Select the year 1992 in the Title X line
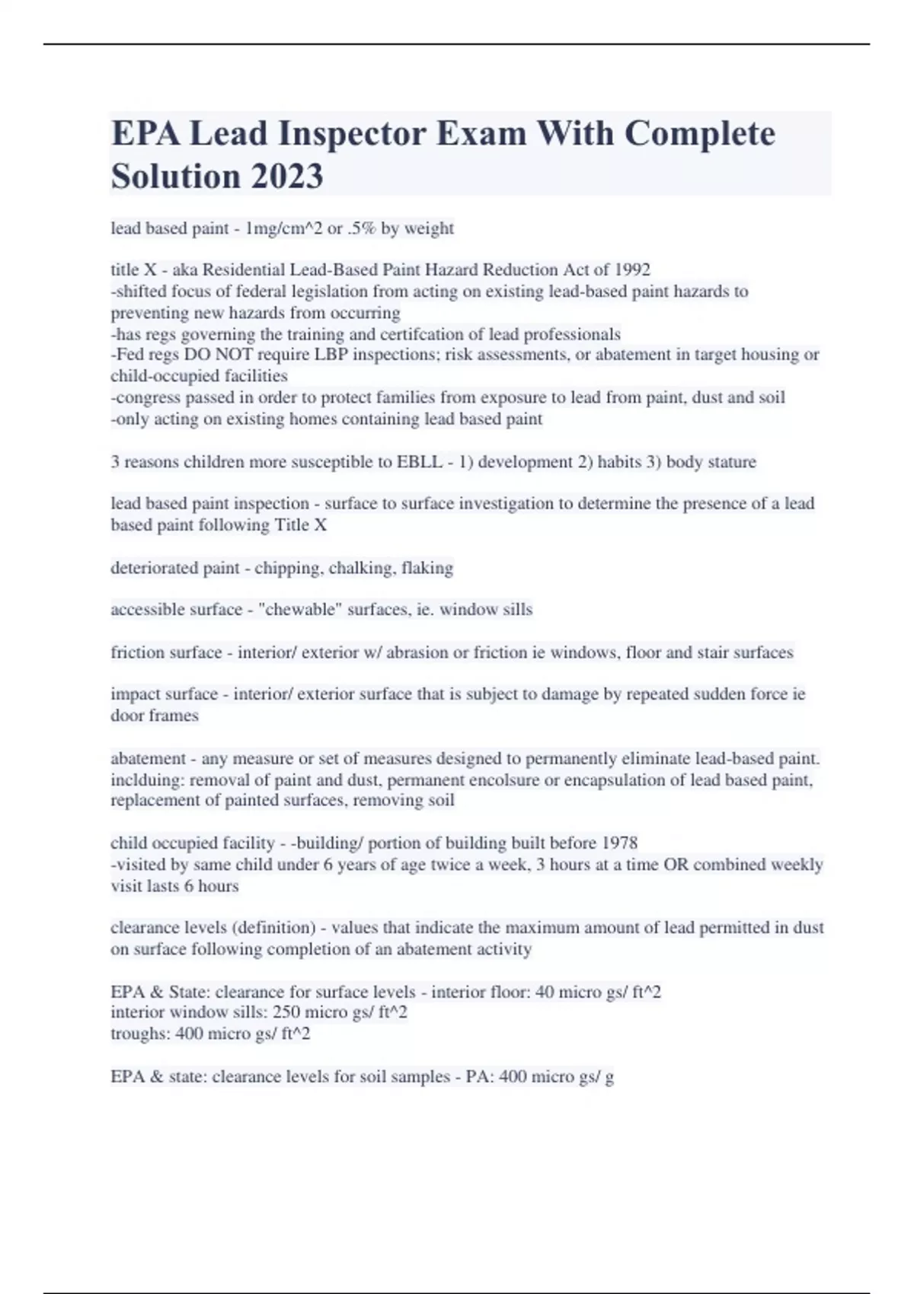(631, 269)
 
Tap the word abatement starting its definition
(148, 759)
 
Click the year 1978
(619, 843)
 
